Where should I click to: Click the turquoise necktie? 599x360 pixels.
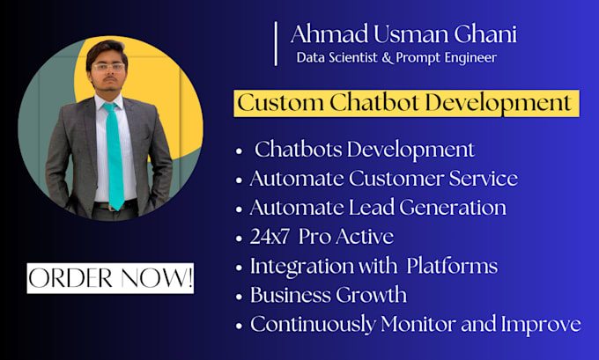pyautogui.click(x=115, y=156)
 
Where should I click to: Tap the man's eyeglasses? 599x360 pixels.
pyautogui.click(x=109, y=68)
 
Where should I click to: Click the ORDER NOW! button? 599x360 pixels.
pyautogui.click(x=110, y=278)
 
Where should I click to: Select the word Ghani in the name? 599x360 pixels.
pyautogui.click(x=485, y=34)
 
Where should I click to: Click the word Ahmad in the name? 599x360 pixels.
pyautogui.click(x=329, y=33)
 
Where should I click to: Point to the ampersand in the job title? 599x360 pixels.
pyautogui.click(x=387, y=58)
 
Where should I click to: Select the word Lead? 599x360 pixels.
pyautogui.click(x=372, y=208)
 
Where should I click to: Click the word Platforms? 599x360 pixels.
pyautogui.click(x=452, y=266)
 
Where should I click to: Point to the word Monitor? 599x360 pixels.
pyautogui.click(x=418, y=324)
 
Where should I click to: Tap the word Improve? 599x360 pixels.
pyautogui.click(x=541, y=325)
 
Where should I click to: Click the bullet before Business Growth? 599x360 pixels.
pyautogui.click(x=240, y=297)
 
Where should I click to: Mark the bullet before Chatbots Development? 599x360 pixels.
pyautogui.click(x=240, y=151)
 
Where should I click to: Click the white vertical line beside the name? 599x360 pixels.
pyautogui.click(x=276, y=43)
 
